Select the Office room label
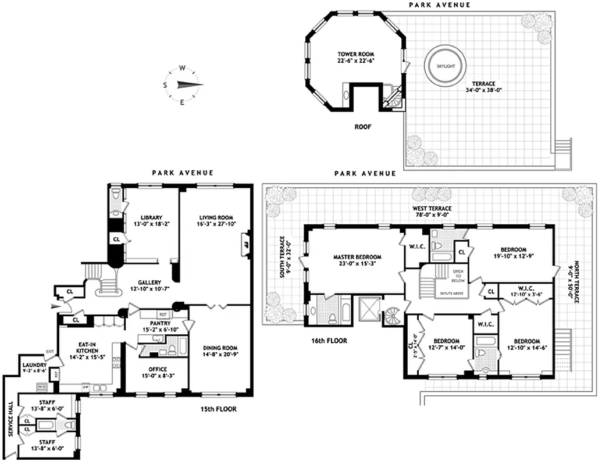tap(157, 369)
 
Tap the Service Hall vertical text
tap(9, 429)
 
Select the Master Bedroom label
tap(357, 256)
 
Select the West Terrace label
tap(432, 208)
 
